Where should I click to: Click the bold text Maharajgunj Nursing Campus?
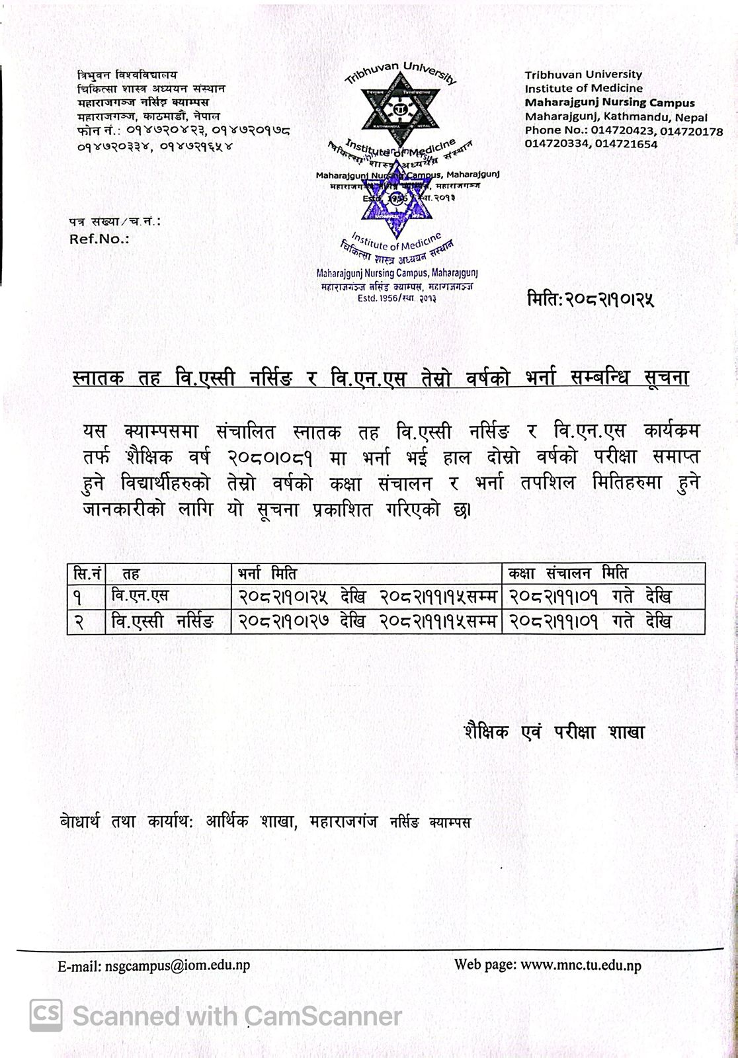(x=609, y=102)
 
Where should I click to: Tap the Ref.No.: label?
(x=99, y=239)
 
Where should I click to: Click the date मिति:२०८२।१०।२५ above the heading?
(x=590, y=300)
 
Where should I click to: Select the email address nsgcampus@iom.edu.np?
(x=177, y=965)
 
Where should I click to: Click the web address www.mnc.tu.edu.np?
(x=581, y=965)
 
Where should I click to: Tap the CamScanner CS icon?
(x=46, y=1015)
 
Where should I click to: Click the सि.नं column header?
(x=86, y=573)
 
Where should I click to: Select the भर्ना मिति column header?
(x=268, y=573)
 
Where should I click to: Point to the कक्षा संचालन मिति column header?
(x=567, y=573)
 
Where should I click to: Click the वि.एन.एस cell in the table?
(x=140, y=596)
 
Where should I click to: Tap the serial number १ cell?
(x=79, y=597)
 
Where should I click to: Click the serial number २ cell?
(x=79, y=622)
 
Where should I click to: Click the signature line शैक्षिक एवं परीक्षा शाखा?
(x=554, y=732)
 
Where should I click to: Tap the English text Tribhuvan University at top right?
(x=583, y=75)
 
